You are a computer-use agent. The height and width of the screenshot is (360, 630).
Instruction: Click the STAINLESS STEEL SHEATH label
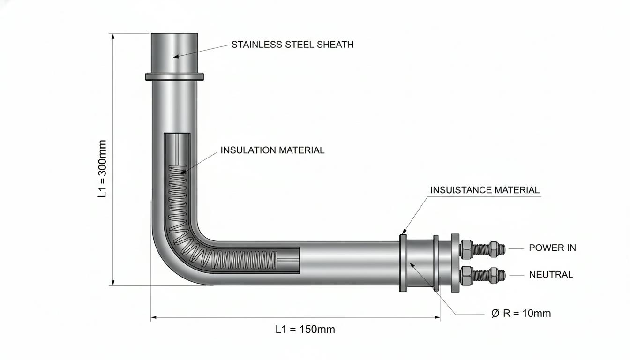[x=292, y=45]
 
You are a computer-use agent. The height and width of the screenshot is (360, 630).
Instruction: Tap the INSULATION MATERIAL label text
[x=272, y=150]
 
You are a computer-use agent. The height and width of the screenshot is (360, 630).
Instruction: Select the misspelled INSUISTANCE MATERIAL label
[x=485, y=190]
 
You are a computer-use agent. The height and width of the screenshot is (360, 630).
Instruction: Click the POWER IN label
[x=552, y=248]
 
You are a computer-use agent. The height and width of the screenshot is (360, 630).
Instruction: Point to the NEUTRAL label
[x=551, y=275]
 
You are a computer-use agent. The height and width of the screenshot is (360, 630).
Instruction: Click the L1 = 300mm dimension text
[x=102, y=169]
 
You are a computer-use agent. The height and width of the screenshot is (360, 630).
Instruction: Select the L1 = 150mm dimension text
[x=305, y=330]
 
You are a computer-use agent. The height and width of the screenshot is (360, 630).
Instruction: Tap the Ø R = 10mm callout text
[x=521, y=313]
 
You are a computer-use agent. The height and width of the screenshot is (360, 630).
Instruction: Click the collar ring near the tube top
[x=174, y=76]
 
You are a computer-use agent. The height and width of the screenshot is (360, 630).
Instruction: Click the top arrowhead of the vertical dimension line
[x=113, y=37]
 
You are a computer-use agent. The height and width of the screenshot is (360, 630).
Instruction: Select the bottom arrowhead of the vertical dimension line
[x=113, y=282]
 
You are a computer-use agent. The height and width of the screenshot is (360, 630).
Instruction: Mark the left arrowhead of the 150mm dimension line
[x=154, y=317]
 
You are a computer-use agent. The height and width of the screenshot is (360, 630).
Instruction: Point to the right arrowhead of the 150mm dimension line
[x=437, y=317]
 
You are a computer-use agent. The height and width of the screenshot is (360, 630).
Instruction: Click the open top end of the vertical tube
[x=174, y=34]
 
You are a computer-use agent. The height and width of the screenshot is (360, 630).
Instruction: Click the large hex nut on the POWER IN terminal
[x=466, y=249]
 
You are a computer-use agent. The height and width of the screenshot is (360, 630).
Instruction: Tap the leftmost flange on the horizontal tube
[x=403, y=262]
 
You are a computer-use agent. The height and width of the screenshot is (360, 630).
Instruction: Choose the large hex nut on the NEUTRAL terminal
[x=466, y=275]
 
